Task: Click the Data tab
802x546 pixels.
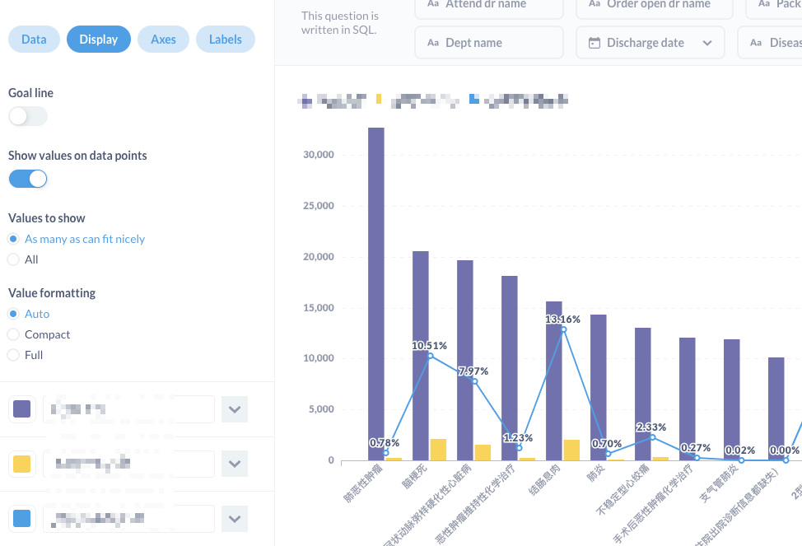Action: [x=34, y=40]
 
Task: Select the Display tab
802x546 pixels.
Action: [x=99, y=40]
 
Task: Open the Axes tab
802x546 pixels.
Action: [x=163, y=40]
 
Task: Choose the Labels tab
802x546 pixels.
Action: [x=225, y=40]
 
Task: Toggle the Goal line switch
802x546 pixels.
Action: [x=28, y=117]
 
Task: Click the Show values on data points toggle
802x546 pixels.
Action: [x=28, y=179]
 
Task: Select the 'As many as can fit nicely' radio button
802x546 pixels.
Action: [x=13, y=239]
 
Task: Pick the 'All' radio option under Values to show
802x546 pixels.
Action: [x=13, y=259]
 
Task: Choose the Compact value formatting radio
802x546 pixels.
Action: [x=13, y=334]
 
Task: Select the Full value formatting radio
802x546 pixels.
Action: [x=13, y=355]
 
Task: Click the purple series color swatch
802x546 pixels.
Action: [x=22, y=409]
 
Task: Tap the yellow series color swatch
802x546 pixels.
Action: [x=22, y=464]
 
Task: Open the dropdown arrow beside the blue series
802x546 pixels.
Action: [x=235, y=519]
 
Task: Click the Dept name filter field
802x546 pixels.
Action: [x=489, y=43]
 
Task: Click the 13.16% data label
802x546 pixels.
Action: [x=563, y=319]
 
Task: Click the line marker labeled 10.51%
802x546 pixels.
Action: [x=430, y=356]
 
